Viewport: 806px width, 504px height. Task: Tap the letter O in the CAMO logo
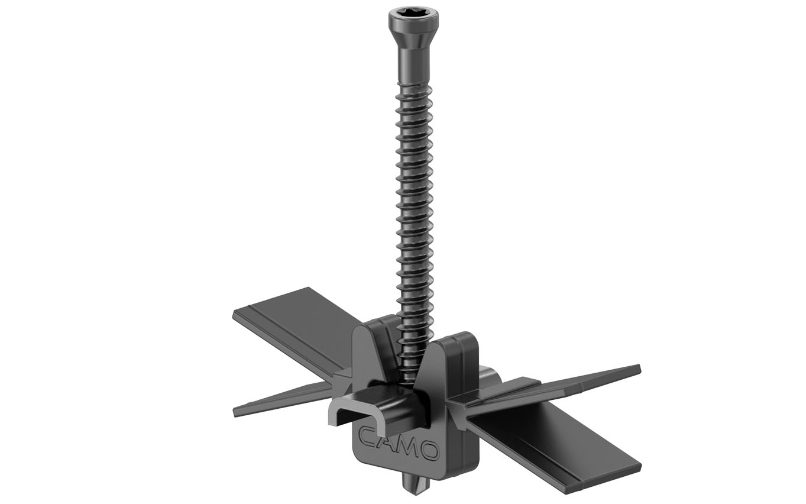click(x=430, y=451)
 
